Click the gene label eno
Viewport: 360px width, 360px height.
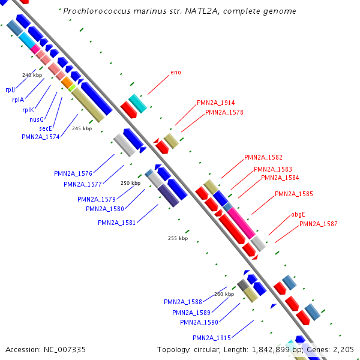pos(176,72)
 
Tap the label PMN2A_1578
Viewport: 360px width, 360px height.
pos(224,112)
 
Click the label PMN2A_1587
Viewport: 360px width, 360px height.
pos(319,224)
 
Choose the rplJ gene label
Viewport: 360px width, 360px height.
pos(10,89)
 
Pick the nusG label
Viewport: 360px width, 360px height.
pos(37,119)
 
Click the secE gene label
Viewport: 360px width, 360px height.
pos(46,128)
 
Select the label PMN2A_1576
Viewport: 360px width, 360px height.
pos(73,173)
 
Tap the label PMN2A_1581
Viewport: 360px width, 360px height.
pos(117,223)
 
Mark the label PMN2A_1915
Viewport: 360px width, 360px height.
pos(212,338)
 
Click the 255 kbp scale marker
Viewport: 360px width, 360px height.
pos(178,238)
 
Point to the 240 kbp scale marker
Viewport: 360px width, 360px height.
pos(32,75)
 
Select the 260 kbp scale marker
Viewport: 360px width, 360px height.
pos(224,294)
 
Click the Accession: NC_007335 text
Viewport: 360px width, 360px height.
pos(46,349)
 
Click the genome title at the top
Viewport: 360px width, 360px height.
pos(179,11)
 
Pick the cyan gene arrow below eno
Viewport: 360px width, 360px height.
pos(138,103)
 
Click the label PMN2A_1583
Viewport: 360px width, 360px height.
pos(273,169)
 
